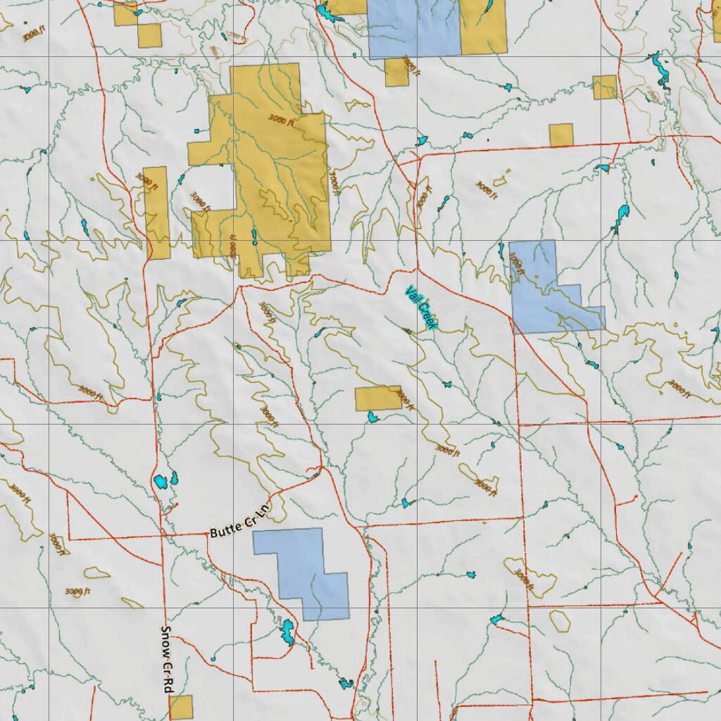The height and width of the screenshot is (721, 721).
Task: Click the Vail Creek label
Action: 421,308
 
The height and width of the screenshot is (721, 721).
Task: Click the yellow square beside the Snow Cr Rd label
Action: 181,707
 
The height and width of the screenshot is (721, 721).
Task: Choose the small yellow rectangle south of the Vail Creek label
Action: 378,398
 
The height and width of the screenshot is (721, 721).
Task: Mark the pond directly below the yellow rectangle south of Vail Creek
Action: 372,418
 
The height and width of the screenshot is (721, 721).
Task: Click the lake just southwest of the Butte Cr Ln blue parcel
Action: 287,632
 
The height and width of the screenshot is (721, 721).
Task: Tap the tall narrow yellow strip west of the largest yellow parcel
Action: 156,212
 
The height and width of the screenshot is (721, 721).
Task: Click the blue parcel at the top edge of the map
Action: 413,28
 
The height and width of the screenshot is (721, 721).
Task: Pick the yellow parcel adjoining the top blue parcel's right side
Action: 484,27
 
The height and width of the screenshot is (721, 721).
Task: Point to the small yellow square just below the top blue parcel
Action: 396,73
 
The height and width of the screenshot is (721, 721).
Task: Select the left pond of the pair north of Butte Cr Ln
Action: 161,482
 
